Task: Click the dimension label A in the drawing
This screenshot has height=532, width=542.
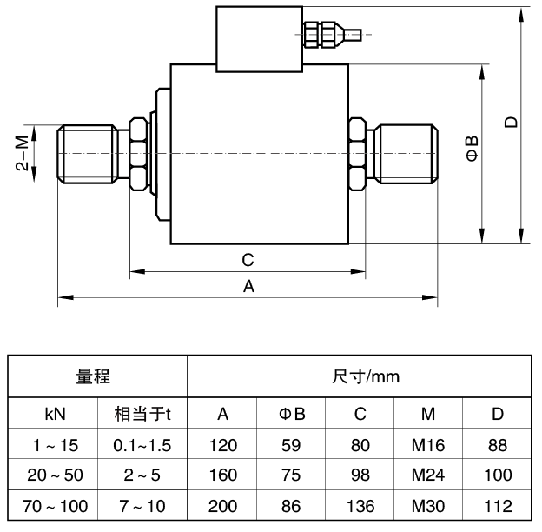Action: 248,286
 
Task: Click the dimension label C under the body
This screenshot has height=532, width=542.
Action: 248,260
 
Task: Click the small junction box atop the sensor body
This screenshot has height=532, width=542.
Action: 260,38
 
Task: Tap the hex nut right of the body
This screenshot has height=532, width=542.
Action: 356,153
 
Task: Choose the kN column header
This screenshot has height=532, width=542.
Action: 55,413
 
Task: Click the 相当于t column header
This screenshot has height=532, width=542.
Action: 142,413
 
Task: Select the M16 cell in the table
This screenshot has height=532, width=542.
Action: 429,445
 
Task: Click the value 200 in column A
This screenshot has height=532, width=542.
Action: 223,507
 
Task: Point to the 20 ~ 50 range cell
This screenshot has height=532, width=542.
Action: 55,476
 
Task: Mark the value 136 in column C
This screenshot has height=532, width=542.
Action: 360,507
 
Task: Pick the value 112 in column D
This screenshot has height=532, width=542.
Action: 497,507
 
